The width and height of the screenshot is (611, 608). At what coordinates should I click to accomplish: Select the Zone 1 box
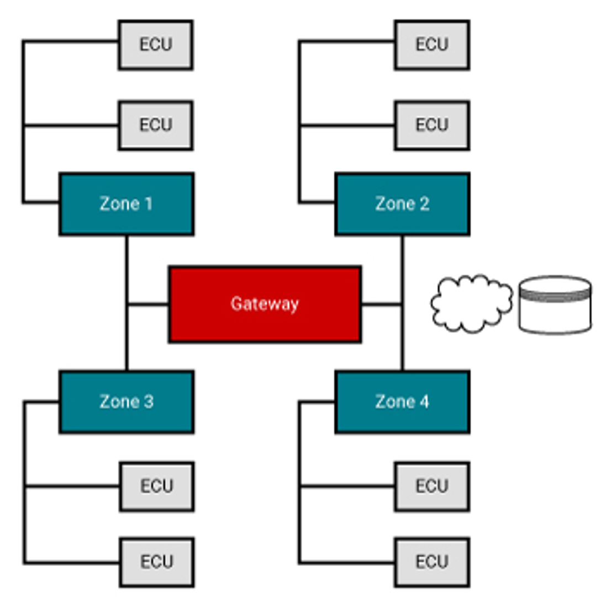(127, 204)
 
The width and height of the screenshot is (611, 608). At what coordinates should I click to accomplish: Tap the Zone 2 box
(402, 204)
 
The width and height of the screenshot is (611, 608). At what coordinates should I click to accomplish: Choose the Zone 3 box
(127, 401)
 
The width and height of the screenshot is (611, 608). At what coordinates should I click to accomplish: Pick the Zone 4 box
(402, 401)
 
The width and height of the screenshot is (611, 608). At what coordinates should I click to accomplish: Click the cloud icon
(471, 304)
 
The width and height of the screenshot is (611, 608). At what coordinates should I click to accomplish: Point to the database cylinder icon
(555, 305)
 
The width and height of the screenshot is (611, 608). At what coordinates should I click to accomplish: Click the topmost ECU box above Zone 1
(156, 45)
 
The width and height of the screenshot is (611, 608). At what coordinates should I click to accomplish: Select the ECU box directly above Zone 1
(156, 125)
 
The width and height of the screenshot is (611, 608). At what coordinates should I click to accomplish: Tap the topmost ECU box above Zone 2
(432, 45)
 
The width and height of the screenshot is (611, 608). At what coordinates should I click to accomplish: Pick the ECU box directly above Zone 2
(432, 125)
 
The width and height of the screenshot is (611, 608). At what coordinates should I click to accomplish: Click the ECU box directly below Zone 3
(157, 486)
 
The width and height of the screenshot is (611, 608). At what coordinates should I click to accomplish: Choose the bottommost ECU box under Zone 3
(157, 562)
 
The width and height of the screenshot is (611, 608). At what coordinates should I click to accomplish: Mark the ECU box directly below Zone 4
(432, 486)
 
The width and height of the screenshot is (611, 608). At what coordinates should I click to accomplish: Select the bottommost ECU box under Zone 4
(432, 562)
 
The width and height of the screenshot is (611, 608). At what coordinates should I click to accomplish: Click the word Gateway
(265, 303)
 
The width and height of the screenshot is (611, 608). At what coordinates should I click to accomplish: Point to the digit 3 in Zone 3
(148, 401)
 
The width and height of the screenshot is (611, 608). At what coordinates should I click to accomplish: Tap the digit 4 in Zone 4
(424, 401)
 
